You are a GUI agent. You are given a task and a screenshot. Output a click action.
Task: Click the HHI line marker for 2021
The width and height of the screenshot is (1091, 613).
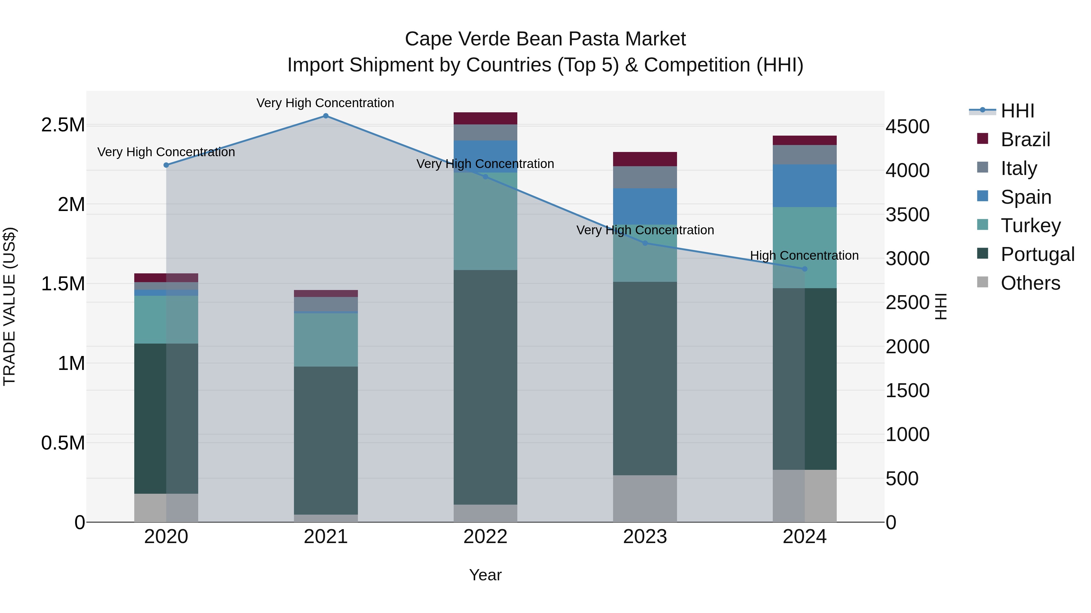point(326,116)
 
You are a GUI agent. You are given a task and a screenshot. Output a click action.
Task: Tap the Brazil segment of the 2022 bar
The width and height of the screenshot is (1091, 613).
point(485,118)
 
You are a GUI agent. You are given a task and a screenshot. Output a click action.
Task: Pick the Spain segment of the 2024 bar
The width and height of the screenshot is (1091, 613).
point(805,186)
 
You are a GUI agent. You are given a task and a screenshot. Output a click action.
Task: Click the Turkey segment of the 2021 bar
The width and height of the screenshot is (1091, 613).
point(326,340)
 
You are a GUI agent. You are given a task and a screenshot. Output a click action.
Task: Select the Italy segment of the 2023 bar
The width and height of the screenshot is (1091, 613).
point(645,177)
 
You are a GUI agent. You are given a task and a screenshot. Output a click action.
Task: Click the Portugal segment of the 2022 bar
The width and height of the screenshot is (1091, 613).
point(485,387)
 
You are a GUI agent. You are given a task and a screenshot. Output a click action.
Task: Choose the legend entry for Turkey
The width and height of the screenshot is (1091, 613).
point(1030,226)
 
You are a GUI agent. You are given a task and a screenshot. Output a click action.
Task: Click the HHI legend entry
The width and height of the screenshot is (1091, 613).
point(1017,111)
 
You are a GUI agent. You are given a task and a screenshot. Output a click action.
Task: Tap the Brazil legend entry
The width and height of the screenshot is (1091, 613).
point(1025,140)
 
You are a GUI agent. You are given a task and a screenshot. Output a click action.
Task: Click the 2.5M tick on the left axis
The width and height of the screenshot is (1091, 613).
point(63,125)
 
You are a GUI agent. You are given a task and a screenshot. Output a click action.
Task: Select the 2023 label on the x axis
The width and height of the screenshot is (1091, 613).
point(645,537)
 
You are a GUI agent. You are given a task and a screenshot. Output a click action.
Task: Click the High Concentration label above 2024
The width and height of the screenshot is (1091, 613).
point(804,255)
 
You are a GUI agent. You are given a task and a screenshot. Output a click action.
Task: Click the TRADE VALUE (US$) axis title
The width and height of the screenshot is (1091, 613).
point(9,306)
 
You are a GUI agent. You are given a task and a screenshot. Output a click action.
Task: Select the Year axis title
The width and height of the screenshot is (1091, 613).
point(485,575)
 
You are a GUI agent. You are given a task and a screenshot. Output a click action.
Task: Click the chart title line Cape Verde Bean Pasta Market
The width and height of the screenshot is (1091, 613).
point(545,39)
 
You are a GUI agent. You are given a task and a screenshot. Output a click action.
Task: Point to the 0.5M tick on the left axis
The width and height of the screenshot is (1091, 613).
point(63,443)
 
